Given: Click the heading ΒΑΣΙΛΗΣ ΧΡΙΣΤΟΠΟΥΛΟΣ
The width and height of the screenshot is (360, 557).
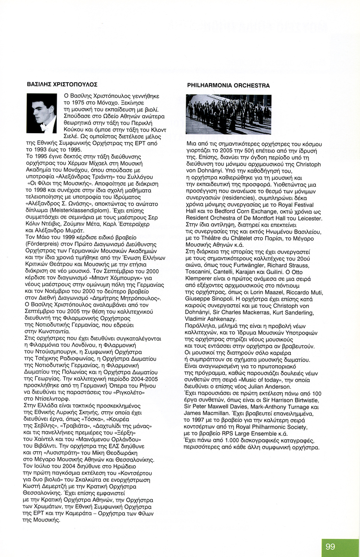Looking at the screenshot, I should (x=62, y=84).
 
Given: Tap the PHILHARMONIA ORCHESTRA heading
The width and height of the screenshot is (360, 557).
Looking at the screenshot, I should (x=228, y=86).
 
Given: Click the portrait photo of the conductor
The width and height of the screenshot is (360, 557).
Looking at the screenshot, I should (x=42, y=114).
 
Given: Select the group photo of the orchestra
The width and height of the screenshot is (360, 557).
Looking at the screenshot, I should (x=228, y=114).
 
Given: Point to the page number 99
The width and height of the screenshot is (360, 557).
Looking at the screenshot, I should (x=330, y=547).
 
